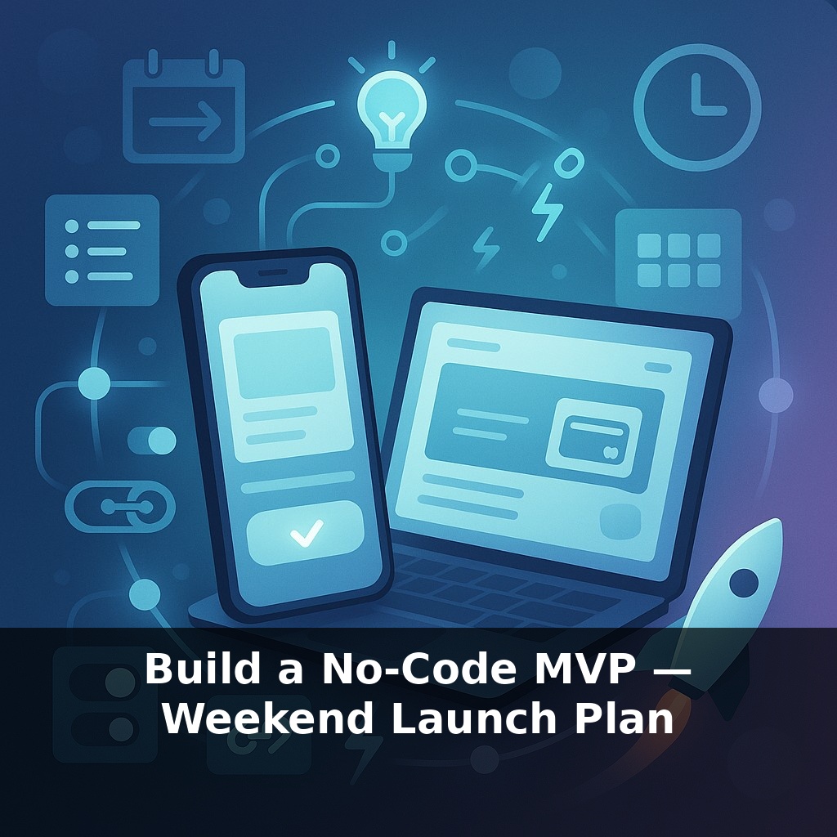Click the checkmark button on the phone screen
[x=306, y=533]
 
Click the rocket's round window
[x=743, y=583]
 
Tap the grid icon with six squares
[x=678, y=260]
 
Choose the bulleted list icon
[x=102, y=250]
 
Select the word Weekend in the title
[x=269, y=719]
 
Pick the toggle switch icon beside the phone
[x=152, y=441]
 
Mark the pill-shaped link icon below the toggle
[x=120, y=507]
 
